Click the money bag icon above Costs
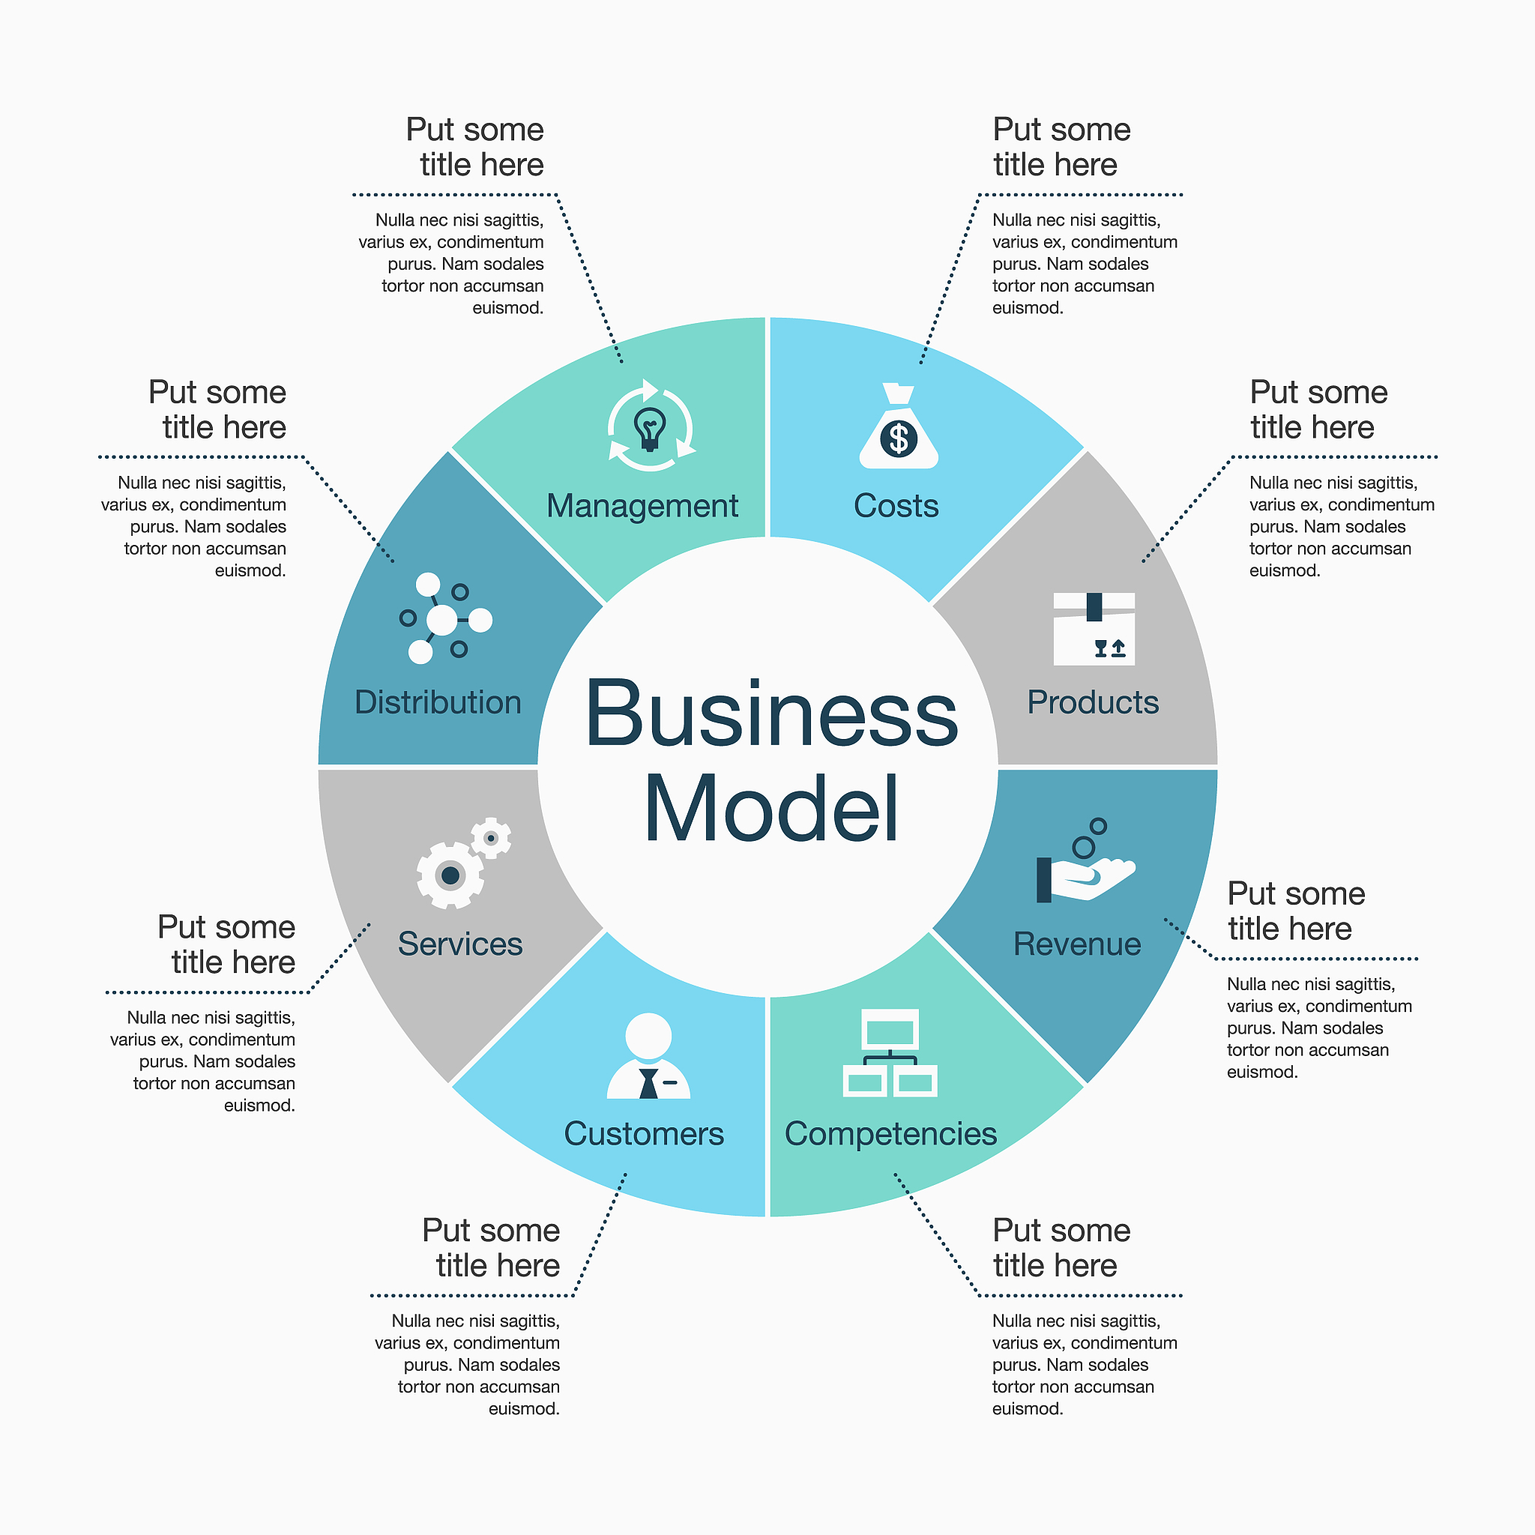899,426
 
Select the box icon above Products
1094,628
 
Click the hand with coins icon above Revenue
1085,861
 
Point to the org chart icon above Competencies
890,1053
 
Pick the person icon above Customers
648,1056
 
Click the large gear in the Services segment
450,875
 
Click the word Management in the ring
642,507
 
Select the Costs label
896,506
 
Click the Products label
1093,702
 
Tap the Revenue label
1076,944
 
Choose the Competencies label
890,1135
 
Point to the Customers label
644,1134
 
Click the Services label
460,944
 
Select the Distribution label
438,702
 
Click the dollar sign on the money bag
899,438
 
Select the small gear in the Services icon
491,838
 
